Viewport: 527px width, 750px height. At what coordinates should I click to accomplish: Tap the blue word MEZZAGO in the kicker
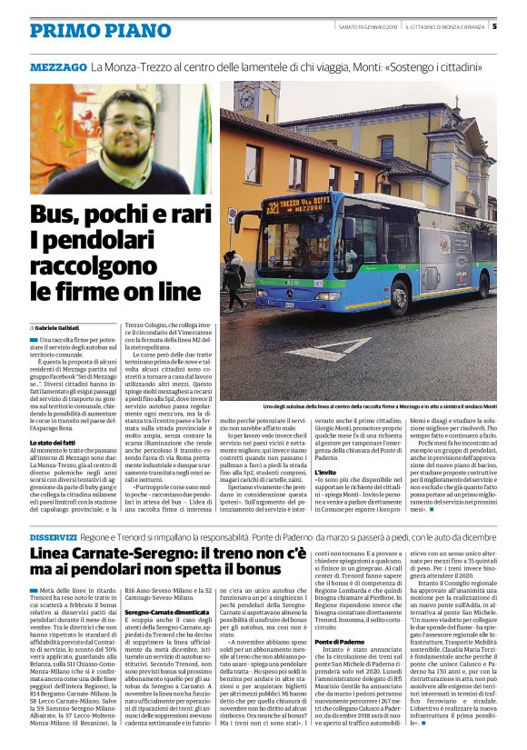(58, 68)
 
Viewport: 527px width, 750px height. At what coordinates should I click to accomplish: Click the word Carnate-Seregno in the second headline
(144, 555)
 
